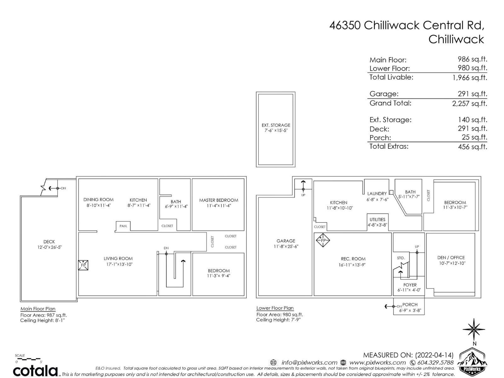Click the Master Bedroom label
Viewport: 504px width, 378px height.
point(219,200)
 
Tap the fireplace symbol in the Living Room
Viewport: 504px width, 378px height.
point(83,265)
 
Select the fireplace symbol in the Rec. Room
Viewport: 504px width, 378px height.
point(323,240)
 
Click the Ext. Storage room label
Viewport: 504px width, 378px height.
point(276,125)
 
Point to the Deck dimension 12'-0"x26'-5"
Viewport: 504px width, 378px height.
point(49,247)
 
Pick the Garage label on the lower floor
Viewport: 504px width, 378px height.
point(286,241)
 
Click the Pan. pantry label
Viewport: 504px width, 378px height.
point(123,226)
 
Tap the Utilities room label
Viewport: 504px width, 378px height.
point(377,219)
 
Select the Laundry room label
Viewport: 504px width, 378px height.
point(377,193)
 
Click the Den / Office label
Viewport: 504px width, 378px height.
point(451,257)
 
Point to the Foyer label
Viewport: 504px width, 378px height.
point(410,285)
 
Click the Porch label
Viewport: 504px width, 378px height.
point(410,305)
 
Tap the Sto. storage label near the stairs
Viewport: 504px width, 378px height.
point(401,258)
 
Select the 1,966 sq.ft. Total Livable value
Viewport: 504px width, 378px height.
point(470,77)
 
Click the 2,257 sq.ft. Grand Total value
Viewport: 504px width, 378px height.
point(469,103)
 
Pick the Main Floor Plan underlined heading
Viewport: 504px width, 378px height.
point(38,309)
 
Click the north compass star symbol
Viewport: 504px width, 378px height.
point(474,329)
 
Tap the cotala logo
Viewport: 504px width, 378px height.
point(35,370)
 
